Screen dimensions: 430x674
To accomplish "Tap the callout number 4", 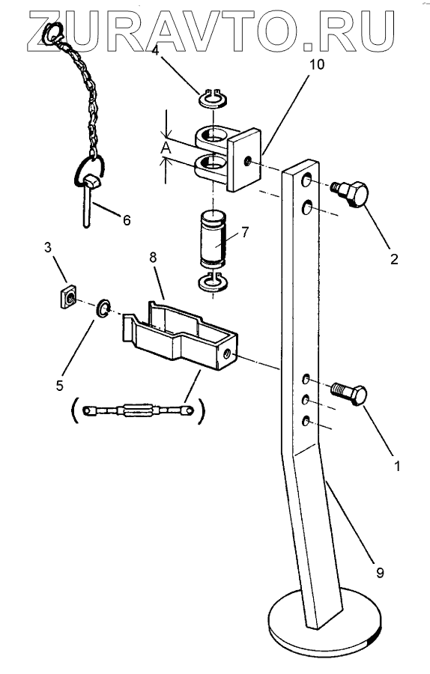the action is (155, 50).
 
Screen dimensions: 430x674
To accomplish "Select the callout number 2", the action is (394, 259).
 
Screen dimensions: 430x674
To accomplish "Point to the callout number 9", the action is (380, 573).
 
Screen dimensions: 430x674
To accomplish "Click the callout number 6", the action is (127, 220).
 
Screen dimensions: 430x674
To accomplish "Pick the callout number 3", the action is (48, 247).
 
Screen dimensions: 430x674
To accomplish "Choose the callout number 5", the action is (59, 385).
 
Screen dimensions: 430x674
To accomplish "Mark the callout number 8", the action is (153, 258).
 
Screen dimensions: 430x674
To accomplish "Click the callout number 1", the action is (397, 466).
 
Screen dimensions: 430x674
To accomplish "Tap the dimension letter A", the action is (166, 148).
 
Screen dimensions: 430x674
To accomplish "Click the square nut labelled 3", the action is (68, 297).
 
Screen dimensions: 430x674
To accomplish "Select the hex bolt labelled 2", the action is (350, 194).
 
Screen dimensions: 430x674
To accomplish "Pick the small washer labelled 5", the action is (103, 309).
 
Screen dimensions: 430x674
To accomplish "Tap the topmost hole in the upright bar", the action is (306, 180).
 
